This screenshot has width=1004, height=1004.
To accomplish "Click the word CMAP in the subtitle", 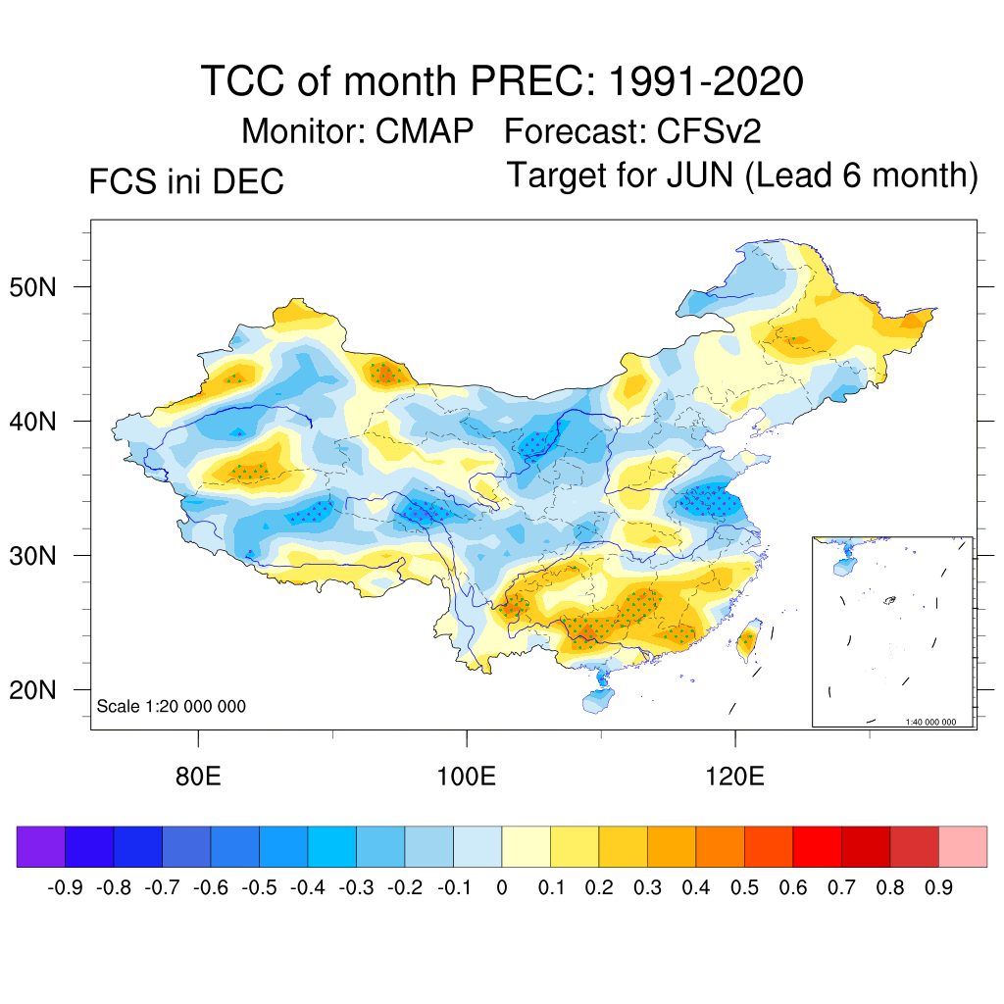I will pos(426,131).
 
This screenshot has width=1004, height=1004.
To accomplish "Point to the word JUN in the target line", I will pos(699,176).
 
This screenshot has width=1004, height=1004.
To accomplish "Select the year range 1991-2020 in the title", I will pos(706,81).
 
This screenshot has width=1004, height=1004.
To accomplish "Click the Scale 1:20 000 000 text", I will pos(172,706).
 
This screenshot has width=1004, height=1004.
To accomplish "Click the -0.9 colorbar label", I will pos(65,888).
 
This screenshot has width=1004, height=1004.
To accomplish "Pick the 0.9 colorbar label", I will pos(938,888).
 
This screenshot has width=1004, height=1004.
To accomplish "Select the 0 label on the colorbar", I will pos(502,888).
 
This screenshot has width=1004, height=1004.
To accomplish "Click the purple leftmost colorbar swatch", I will pos(41,847).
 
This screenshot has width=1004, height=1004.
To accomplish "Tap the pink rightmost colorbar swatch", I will pos(963,847).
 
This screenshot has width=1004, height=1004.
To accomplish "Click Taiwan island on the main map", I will pos(748,641).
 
